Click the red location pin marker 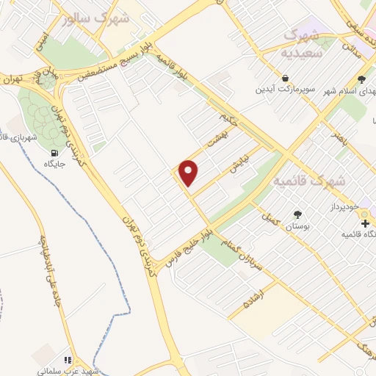coord(189,173)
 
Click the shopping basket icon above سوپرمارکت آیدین coord(285,77)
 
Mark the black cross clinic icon coord(365,223)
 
